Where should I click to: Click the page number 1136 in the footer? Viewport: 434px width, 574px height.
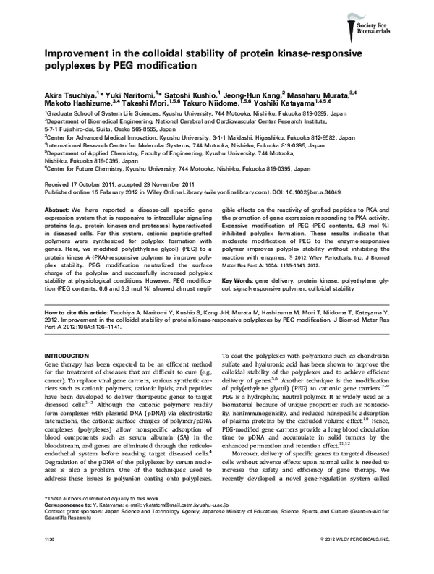51,559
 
